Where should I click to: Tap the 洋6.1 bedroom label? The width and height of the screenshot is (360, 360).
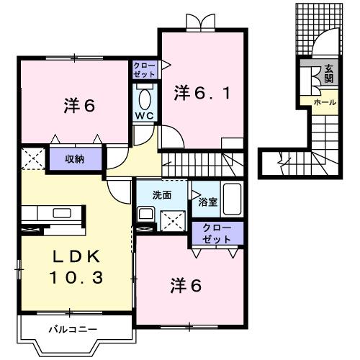pyautogui.click(x=203, y=93)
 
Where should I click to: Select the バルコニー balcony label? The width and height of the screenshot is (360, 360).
pyautogui.click(x=73, y=329)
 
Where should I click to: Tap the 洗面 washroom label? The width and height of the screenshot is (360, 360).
pyautogui.click(x=161, y=194)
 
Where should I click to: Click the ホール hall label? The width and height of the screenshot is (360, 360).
pyautogui.click(x=323, y=103)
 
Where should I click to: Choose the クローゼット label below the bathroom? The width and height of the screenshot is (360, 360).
pyautogui.click(x=217, y=233)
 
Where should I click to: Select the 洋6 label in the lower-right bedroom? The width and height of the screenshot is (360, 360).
pyautogui.click(x=185, y=285)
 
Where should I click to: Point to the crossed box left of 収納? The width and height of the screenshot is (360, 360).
pyautogui.click(x=32, y=158)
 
